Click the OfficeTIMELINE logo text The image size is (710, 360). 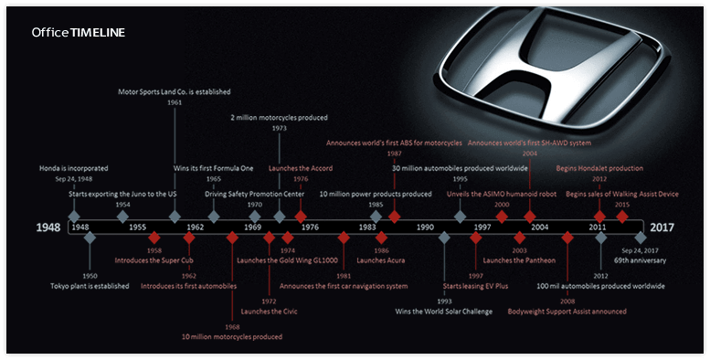[79, 32]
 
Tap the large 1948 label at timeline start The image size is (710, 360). [49, 227]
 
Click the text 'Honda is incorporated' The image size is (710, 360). [73, 168]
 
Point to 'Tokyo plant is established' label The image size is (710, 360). [90, 286]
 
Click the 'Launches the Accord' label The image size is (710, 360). [301, 168]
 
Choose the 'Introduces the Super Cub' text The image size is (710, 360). [154, 260]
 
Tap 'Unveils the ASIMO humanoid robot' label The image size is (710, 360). [501, 193]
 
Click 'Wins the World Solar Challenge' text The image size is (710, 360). [443, 312]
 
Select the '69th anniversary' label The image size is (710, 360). [640, 260]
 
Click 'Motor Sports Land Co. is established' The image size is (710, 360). [175, 91]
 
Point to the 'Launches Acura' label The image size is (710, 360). [381, 260]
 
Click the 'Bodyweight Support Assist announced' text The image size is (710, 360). [567, 312]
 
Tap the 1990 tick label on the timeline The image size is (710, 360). [425, 227]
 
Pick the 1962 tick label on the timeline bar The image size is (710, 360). [195, 227]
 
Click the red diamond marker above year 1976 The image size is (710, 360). [301, 217]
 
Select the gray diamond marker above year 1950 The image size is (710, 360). [90, 238]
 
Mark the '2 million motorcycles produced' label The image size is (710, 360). [279, 117]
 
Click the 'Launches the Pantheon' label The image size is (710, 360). [519, 260]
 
